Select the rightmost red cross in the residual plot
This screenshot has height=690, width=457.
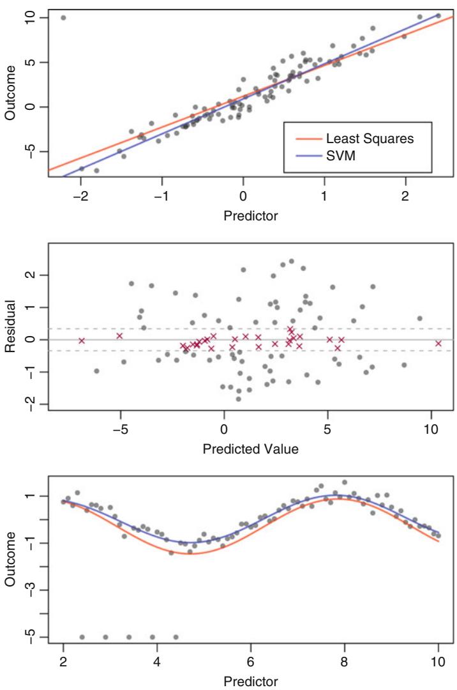pos(438,343)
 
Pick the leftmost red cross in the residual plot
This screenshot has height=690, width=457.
pos(82,341)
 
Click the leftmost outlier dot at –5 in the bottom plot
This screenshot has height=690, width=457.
pos(82,637)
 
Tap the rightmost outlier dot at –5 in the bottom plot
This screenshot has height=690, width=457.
pos(176,637)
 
